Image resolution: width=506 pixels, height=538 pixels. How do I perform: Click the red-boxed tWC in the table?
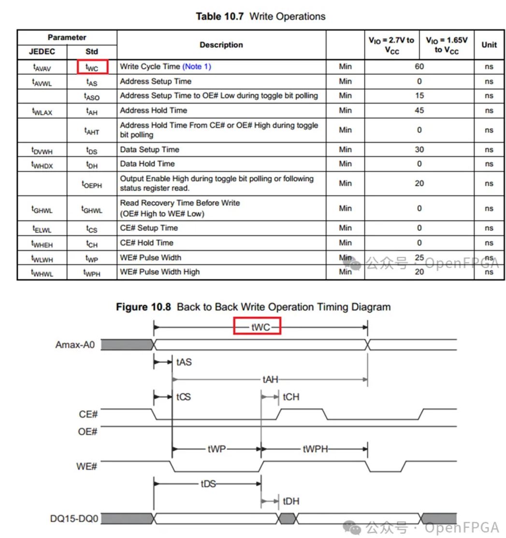point(92,67)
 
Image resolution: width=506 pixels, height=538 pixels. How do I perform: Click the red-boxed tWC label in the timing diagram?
point(258,327)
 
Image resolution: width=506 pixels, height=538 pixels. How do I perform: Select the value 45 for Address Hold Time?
point(419,110)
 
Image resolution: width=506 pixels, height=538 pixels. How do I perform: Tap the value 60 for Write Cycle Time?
point(419,67)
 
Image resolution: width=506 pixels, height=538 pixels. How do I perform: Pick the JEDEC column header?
point(42,52)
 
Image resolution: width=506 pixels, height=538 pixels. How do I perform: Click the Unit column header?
point(489,45)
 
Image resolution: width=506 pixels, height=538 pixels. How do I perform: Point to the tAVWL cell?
point(42,82)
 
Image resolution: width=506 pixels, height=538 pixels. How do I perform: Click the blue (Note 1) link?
point(197,67)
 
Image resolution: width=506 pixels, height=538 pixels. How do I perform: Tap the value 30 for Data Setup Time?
point(419,150)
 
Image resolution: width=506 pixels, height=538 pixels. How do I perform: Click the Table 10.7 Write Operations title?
point(260,16)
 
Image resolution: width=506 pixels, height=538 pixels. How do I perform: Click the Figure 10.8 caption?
point(253,307)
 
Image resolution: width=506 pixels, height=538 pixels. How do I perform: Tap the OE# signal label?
point(87,431)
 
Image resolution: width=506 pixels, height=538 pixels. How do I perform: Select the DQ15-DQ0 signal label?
point(74,519)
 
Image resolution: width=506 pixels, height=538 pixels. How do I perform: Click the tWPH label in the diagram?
point(315,449)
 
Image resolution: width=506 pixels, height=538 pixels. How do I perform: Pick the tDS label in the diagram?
point(208,483)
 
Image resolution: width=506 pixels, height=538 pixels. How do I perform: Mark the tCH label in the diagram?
point(291,397)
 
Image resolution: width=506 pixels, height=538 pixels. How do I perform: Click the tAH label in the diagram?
point(271,380)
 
